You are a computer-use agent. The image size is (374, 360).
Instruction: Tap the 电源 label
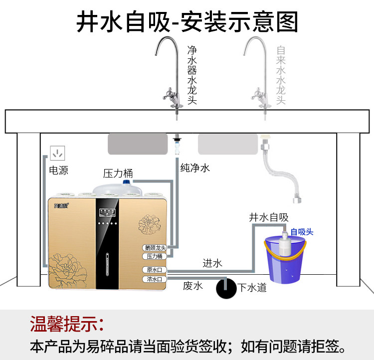point(58,171)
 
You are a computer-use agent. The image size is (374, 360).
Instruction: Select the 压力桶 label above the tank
point(118,174)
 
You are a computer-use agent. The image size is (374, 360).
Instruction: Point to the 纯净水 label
point(195,168)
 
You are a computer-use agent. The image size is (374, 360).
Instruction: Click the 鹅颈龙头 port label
point(155,247)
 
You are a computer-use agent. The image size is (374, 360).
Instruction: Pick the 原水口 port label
point(154,270)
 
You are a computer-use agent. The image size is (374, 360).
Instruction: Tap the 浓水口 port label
point(154,279)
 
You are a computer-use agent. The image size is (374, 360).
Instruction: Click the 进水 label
point(212,263)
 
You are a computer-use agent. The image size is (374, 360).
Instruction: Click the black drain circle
point(225,288)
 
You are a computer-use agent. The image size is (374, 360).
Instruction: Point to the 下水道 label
point(252,288)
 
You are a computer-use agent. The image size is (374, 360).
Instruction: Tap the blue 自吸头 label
point(302,232)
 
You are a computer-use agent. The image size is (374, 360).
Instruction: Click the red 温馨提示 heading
point(67,324)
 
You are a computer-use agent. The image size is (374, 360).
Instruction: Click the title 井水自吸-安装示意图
point(187,22)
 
